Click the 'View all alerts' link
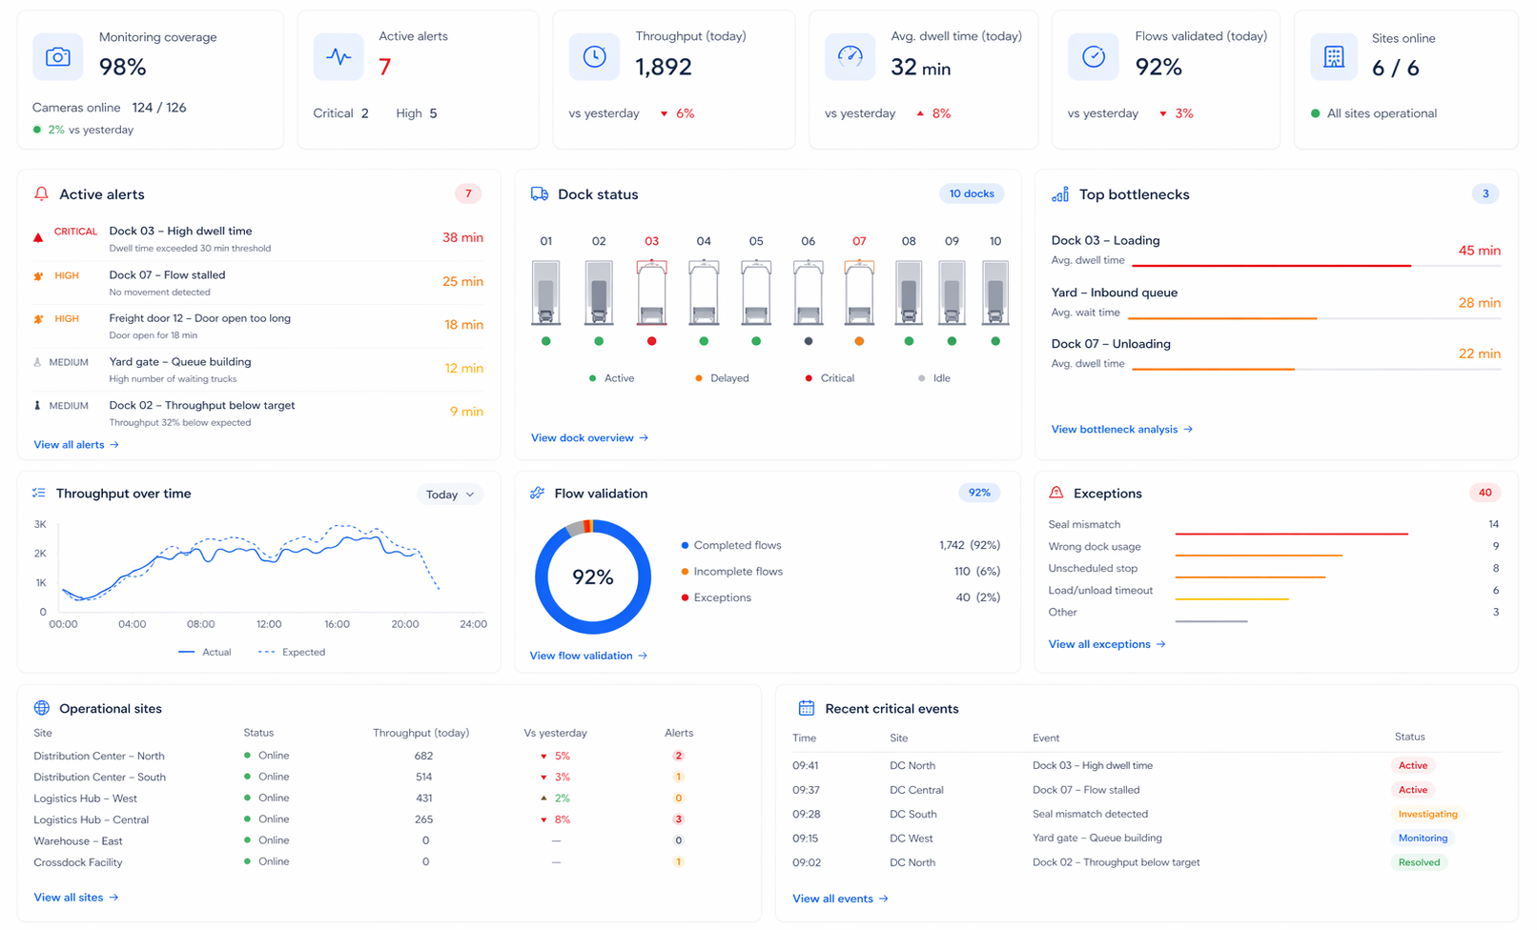point(75,445)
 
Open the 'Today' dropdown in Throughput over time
point(449,495)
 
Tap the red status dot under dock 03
point(651,341)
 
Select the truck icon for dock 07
point(859,293)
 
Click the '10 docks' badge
point(971,193)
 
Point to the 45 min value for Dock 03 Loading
point(1479,251)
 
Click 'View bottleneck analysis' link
point(1121,430)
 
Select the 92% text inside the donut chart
point(592,577)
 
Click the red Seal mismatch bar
point(1291,534)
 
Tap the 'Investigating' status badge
point(1427,814)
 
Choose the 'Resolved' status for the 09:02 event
point(1419,862)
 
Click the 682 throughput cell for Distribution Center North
point(423,756)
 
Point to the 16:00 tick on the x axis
point(337,624)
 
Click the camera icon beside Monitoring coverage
point(57,57)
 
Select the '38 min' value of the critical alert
point(462,238)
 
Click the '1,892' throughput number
point(664,67)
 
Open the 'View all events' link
point(839,899)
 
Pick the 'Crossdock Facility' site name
point(78,862)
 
